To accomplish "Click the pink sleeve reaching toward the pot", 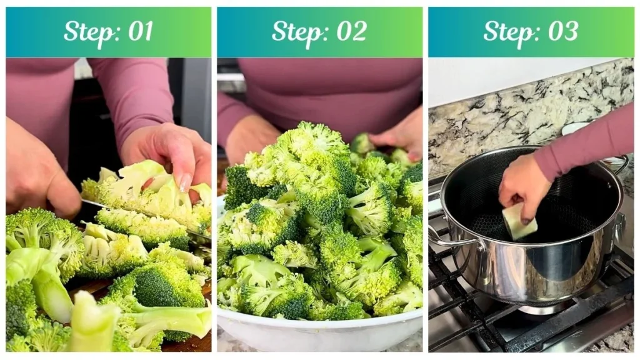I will click(x=594, y=144).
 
